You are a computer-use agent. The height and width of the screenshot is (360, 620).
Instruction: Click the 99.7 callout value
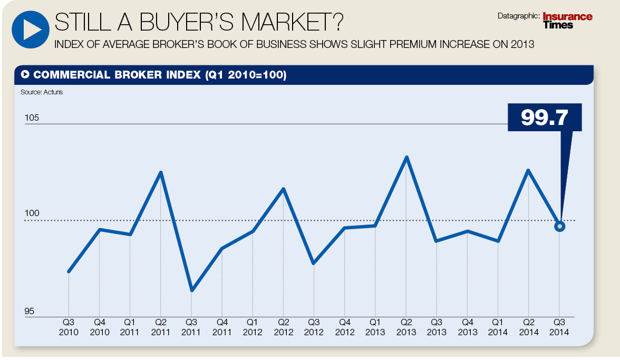(x=545, y=118)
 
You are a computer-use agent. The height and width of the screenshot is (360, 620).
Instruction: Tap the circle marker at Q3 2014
(x=560, y=226)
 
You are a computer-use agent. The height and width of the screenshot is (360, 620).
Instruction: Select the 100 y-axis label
(x=32, y=213)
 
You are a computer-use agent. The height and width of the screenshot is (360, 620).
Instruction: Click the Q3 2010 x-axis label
(x=69, y=327)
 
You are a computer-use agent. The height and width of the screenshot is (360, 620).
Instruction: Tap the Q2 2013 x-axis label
(x=406, y=327)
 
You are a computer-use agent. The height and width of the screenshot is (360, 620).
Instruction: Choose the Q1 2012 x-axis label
(x=253, y=327)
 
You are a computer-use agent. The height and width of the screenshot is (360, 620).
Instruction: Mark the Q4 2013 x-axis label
(x=467, y=327)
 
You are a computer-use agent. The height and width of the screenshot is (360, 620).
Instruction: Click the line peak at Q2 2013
(x=406, y=157)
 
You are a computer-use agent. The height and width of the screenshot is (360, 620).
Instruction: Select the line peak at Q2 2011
(x=161, y=172)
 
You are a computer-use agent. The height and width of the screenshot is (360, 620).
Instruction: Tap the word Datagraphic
(x=519, y=16)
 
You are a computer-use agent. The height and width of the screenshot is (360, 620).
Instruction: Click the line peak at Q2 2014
(x=528, y=170)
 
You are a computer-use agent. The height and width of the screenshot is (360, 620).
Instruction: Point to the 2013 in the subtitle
(x=523, y=44)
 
